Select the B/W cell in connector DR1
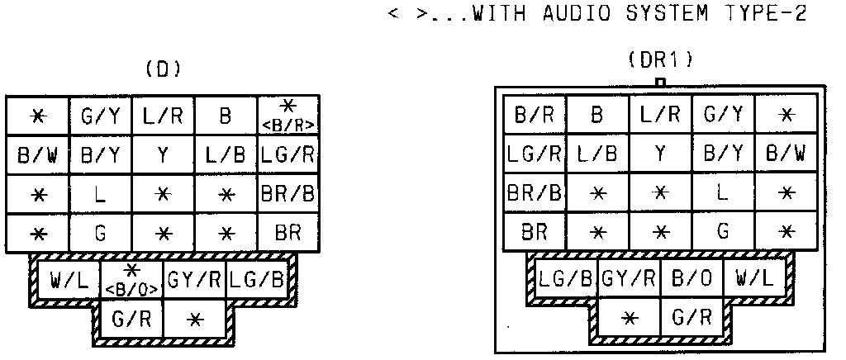point(786,154)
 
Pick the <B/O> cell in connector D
point(132,281)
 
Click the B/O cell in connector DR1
point(692,279)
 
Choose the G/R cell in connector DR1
point(692,316)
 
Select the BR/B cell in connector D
point(288,195)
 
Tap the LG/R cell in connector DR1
point(535,154)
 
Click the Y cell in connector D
point(163,154)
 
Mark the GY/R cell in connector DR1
point(630,279)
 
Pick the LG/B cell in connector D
point(256,281)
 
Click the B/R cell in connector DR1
point(535,114)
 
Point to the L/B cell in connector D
point(226,154)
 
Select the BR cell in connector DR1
point(535,232)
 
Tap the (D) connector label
point(162,70)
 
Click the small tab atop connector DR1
point(659,82)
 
